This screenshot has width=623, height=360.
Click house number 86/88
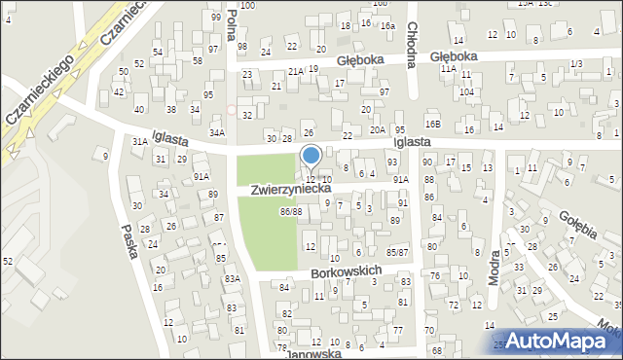click(x=290, y=211)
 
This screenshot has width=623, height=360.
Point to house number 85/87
click(x=397, y=253)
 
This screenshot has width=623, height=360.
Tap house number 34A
click(x=217, y=132)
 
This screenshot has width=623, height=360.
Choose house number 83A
click(x=233, y=279)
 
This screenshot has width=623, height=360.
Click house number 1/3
click(x=576, y=63)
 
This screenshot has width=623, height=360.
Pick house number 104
click(x=467, y=90)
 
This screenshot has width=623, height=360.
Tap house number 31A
click(x=139, y=141)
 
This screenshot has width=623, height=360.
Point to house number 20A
click(x=378, y=129)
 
